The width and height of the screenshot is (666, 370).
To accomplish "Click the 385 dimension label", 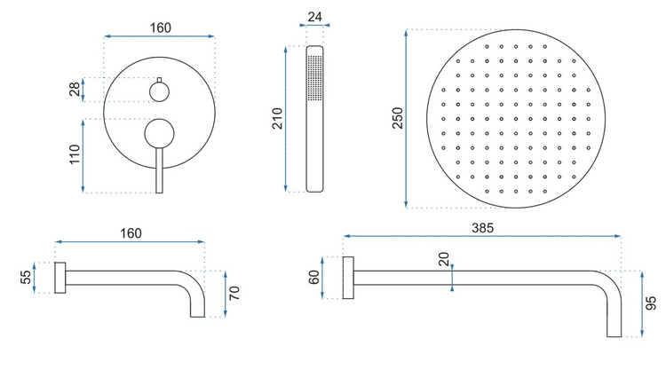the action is (482, 228).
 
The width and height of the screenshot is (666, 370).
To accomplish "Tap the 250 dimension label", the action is (397, 118).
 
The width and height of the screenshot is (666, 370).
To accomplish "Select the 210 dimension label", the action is (277, 118).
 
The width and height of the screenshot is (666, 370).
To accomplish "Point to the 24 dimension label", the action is (314, 17).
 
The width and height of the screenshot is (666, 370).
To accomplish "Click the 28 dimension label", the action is (75, 89).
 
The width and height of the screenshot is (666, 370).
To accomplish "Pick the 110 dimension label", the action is (75, 154).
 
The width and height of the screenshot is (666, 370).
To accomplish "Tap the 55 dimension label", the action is (27, 277).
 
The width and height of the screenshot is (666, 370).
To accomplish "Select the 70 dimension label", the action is (234, 293).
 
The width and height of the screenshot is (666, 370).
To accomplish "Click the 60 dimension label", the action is (313, 277).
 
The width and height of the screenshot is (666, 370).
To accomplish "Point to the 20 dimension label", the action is (443, 259).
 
